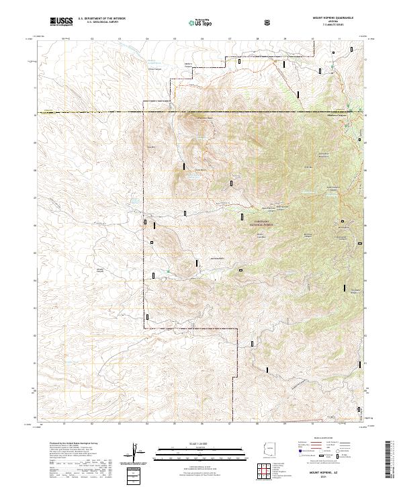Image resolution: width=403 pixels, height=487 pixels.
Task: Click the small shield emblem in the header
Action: (x=268, y=21)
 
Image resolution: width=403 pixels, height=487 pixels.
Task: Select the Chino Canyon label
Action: (x=155, y=68)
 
